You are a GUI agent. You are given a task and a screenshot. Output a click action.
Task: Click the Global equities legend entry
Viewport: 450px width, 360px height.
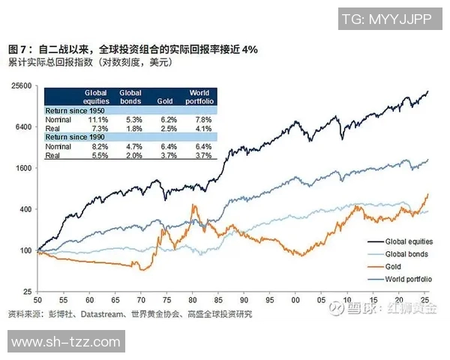409,242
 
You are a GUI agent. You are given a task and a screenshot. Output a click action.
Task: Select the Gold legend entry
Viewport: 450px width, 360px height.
393,266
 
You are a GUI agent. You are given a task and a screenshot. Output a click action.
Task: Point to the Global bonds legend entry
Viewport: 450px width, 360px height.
406,254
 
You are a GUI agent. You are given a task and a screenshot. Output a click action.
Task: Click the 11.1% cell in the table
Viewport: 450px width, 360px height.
98,119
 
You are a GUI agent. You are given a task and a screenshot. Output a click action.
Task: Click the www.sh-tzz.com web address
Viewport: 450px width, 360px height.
64,343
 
